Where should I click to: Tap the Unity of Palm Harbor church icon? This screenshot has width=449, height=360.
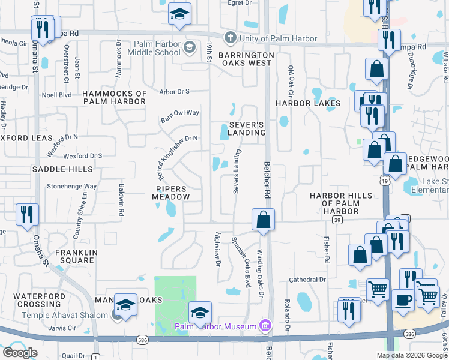click(x=229, y=38)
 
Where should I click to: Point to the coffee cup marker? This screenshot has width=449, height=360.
click(x=403, y=299)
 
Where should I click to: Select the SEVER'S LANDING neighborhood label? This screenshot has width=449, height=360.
click(x=247, y=128)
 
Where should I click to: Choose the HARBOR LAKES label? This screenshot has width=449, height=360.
click(x=308, y=103)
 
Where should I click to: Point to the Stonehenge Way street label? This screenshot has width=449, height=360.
click(x=72, y=187)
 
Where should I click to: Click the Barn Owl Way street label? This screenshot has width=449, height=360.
click(x=179, y=115)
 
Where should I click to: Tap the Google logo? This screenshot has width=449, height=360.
click(x=20, y=353)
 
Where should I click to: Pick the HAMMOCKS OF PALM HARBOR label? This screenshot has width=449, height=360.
click(x=115, y=98)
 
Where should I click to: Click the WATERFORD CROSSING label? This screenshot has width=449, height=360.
click(x=39, y=300)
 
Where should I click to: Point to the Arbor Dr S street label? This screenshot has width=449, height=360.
click(x=175, y=91)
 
